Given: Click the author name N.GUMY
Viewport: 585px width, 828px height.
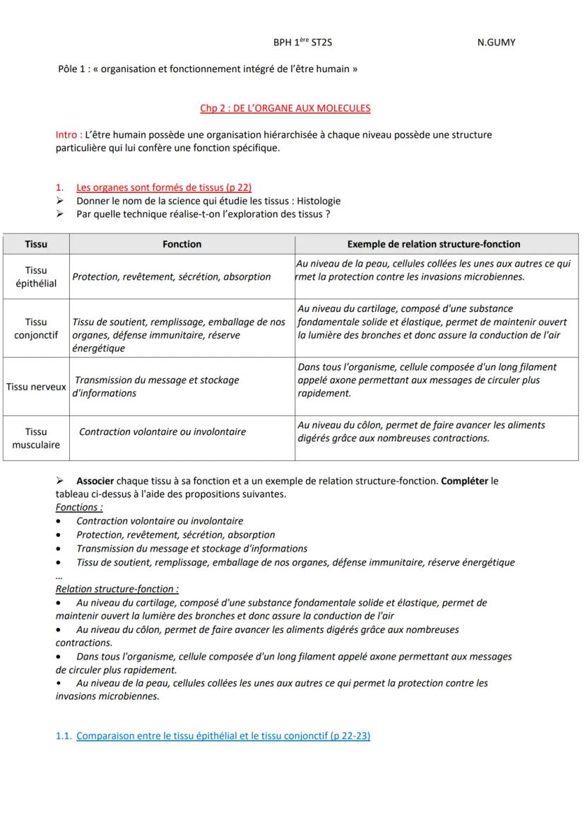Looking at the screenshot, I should pos(496,42).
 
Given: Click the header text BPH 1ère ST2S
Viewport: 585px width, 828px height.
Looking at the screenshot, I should pos(302,42).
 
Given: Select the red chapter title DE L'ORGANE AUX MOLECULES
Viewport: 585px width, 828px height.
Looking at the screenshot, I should pos(285,108).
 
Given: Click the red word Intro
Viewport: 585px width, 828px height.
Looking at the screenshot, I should pos(68,134).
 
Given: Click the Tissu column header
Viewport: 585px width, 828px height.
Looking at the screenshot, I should pos(36,244).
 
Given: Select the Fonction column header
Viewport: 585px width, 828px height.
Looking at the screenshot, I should pos(182,244).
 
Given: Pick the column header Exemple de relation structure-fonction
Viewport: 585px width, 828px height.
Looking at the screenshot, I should pos(433,244).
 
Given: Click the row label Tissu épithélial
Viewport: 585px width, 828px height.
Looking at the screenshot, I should pos(36,276).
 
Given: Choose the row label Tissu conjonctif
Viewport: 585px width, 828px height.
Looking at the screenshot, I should pos(36,328).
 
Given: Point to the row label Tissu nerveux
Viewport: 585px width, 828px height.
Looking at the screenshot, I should pos(36,387).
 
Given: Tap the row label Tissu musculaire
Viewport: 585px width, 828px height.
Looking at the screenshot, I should pos(36,438).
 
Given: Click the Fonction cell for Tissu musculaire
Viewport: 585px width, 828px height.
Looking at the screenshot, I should pos(162,431).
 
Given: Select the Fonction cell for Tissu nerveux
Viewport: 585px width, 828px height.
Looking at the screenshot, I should pos(157,387).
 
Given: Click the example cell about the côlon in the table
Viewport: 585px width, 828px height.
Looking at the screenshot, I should pos(421,431).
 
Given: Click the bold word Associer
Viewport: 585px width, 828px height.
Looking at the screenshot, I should pos(95,481).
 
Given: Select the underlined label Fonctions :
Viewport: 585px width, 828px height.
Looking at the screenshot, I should pos(79,507).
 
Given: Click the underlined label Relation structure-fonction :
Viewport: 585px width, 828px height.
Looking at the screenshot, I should pos(117,589).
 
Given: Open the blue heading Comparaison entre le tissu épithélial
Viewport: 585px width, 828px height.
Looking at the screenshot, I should pos(223,736).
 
